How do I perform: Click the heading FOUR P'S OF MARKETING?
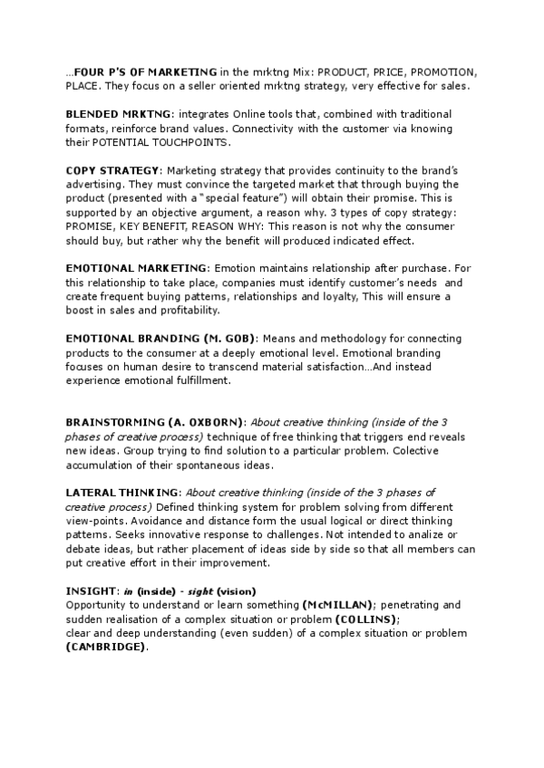[145, 72]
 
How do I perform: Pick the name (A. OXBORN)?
[206, 422]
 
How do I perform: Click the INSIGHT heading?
[86, 590]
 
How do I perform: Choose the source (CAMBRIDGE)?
[106, 647]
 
